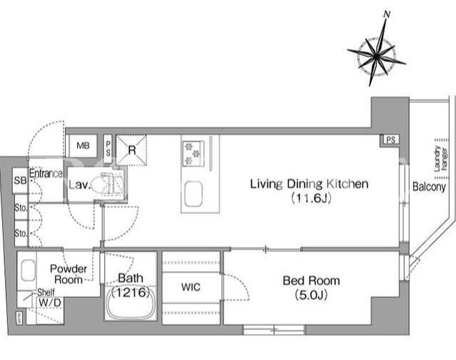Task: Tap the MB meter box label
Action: pos(83,145)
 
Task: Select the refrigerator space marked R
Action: pos(132,150)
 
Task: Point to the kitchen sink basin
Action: pos(194,194)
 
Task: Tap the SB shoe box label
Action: pos(20,180)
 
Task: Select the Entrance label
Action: pos(46,174)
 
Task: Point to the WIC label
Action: pos(190,287)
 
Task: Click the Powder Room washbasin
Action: pos(29,271)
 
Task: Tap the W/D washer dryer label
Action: pos(49,303)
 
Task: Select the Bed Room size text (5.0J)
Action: pos(311,296)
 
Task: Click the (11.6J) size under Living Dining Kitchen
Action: pos(311,198)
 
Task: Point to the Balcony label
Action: pos(429,187)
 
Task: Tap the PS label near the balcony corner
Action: pos(391,140)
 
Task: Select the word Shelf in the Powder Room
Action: pos(46,292)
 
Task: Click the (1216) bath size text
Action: pos(130,293)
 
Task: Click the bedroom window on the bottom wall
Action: pos(273,330)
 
